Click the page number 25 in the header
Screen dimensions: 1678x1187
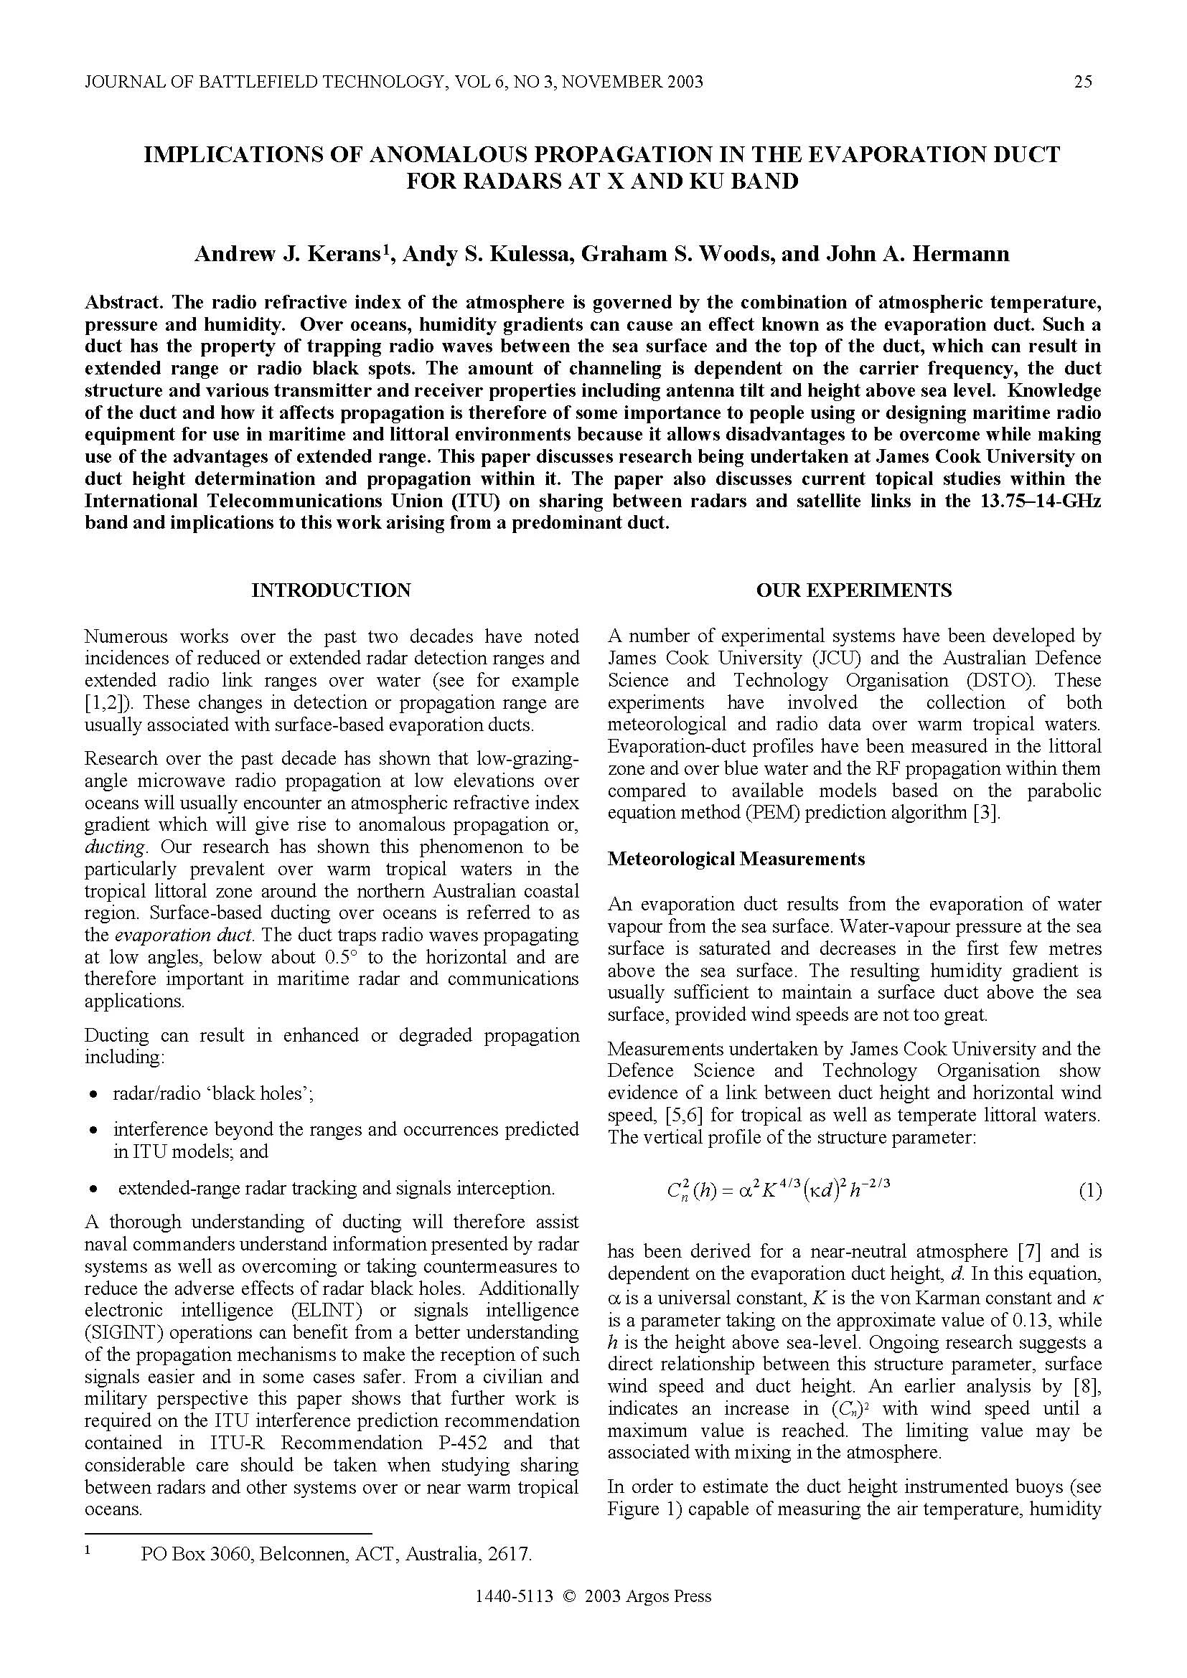1083,82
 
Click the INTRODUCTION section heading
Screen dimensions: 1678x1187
331,590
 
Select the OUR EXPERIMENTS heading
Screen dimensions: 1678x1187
854,590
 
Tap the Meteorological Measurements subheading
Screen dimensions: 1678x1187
736,858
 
